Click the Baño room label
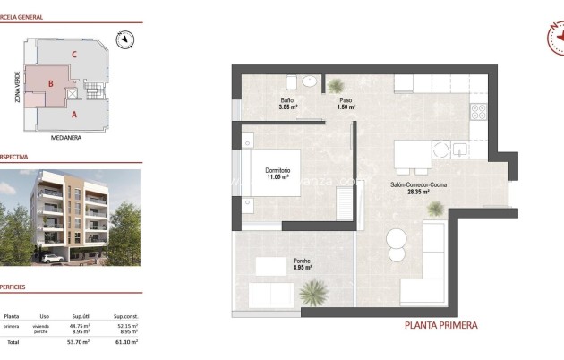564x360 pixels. pos(287,100)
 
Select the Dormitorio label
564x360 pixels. pos(277,170)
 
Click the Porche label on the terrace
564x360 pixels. pos(302,260)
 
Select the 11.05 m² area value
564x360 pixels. pos(277,177)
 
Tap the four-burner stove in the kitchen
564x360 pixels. pos(478,113)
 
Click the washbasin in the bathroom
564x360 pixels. pos(309,81)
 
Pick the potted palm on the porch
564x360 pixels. pos(314,291)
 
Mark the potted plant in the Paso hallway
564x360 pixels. pos(337,86)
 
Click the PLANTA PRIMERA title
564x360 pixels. pos(441,325)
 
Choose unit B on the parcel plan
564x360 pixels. pos(51,85)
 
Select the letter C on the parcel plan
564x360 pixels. pos(74,54)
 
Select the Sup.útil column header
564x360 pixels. pos(82,316)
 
